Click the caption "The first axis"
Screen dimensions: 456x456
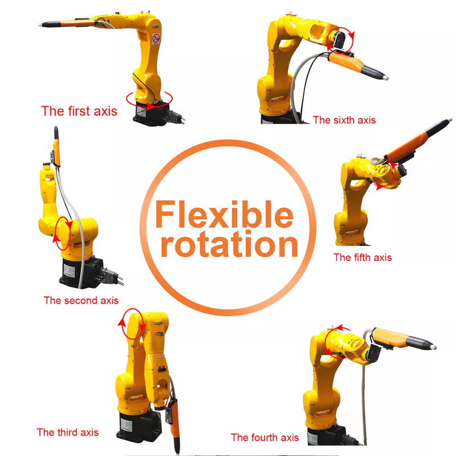(79, 111)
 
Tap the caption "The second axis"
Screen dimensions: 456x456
(81, 300)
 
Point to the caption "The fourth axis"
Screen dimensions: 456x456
(264, 437)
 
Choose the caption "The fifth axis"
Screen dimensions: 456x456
(363, 257)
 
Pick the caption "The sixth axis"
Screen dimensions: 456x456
(344, 120)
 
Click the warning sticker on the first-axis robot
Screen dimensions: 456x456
(156, 39)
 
